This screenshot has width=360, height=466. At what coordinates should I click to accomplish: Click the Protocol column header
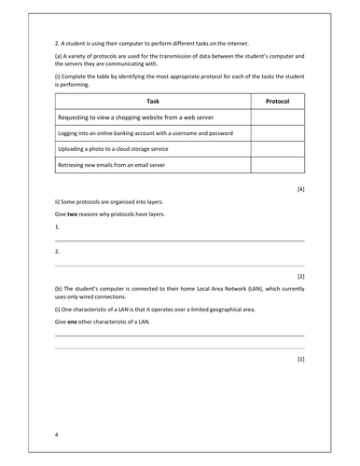[x=277, y=102]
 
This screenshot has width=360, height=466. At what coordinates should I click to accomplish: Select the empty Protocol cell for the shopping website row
[x=277, y=118]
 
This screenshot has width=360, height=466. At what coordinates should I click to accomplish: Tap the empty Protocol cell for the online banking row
[x=277, y=134]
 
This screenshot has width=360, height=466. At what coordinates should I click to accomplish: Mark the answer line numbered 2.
[x=177, y=263]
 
